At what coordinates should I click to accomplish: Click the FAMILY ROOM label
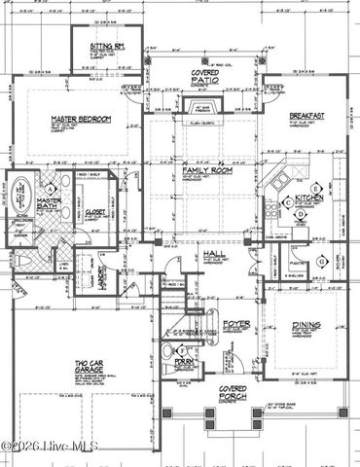(x=202, y=171)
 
